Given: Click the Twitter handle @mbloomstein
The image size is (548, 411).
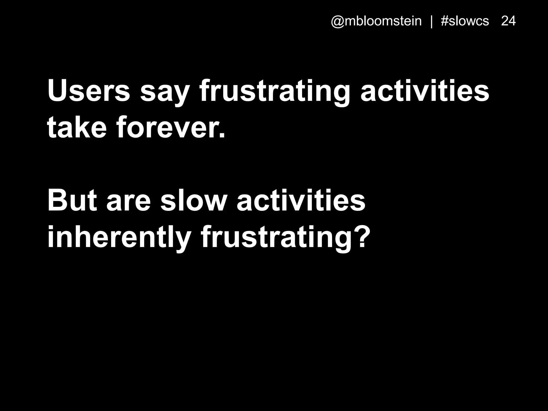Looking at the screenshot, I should coord(376,21).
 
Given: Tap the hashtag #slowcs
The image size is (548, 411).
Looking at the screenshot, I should coord(465,21).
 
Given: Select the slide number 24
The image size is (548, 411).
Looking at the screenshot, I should coord(508,21).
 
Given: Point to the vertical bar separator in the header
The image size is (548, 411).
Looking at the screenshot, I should coord(431,21).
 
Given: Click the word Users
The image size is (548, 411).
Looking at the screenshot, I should coord(89,91).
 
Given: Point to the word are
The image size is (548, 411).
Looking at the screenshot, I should coord(129,203).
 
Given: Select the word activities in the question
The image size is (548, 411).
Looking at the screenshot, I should coord(301,200).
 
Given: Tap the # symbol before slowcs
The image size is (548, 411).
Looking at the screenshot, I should coord(445,21).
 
